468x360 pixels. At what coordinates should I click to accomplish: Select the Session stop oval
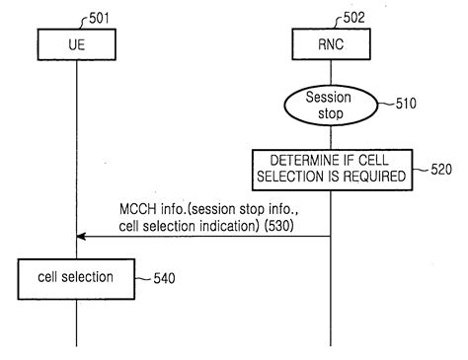click(329, 106)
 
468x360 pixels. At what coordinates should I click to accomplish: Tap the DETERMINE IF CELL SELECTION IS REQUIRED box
click(329, 169)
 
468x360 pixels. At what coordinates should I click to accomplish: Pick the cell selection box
click(75, 279)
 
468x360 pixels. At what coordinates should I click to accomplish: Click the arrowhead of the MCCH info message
click(81, 237)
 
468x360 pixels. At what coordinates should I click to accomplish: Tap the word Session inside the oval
click(329, 98)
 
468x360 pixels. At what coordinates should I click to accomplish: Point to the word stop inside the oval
click(329, 113)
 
